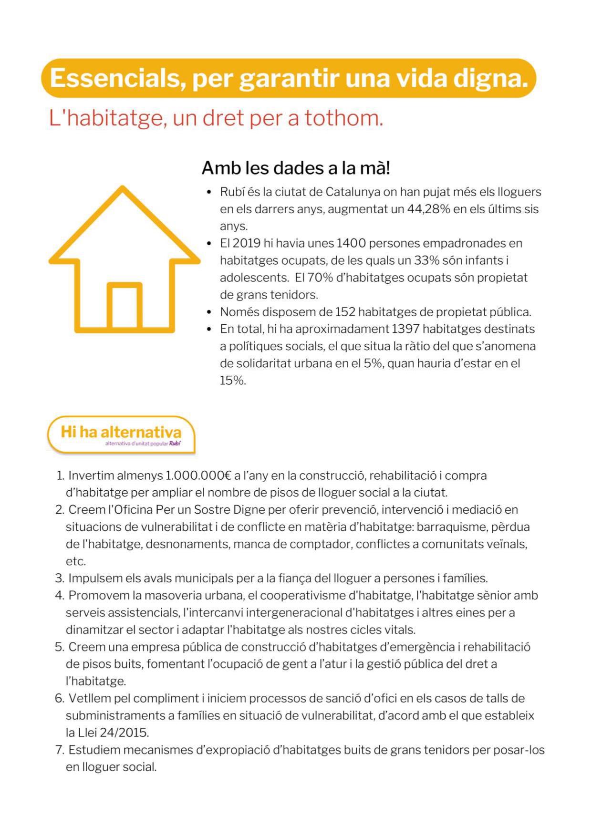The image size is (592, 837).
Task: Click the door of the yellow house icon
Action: (x=125, y=306)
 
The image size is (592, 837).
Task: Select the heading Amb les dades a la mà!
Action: (x=296, y=168)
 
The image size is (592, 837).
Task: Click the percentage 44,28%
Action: (x=428, y=209)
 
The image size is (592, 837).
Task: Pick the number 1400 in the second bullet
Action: (x=351, y=243)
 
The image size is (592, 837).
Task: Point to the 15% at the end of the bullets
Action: (x=232, y=381)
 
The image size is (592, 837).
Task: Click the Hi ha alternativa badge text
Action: (x=121, y=432)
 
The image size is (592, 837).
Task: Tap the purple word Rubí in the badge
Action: (x=175, y=444)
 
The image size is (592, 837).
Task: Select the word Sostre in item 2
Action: (x=212, y=510)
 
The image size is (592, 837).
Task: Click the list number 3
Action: (x=59, y=579)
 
